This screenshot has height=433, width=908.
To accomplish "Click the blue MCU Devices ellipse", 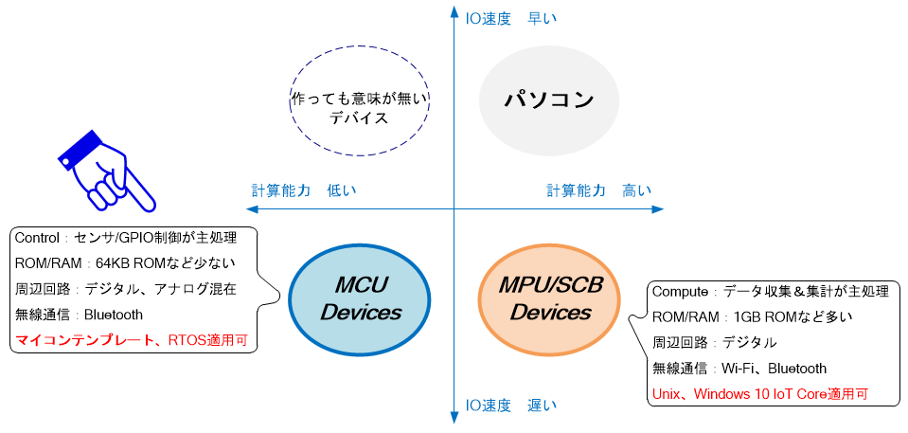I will pyautogui.click(x=360, y=298).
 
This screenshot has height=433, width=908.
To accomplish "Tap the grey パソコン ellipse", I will pyautogui.click(x=549, y=99).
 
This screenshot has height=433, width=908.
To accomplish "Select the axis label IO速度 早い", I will pyautogui.click(x=510, y=16).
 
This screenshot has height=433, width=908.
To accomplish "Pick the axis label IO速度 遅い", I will pyautogui.click(x=510, y=406).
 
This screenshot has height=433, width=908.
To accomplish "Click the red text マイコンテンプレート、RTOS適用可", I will pyautogui.click(x=132, y=340).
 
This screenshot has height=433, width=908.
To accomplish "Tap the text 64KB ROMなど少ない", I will pyautogui.click(x=166, y=263).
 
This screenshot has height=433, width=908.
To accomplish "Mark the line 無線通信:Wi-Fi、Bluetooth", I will pyautogui.click(x=739, y=368).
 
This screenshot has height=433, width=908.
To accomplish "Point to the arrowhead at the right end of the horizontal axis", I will pyautogui.click(x=659, y=209).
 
